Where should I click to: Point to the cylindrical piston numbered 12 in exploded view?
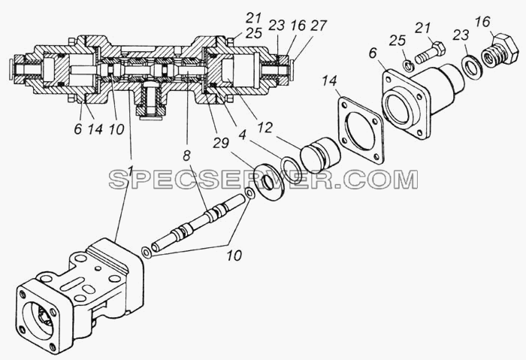coord(320,153)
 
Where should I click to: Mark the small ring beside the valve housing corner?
coord(147,253)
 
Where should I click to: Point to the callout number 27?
coord(319,26)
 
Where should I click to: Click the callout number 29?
coord(221,143)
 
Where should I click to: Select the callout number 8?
coord(186,156)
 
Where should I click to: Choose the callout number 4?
coord(242,135)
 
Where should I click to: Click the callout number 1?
coord(131,171)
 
